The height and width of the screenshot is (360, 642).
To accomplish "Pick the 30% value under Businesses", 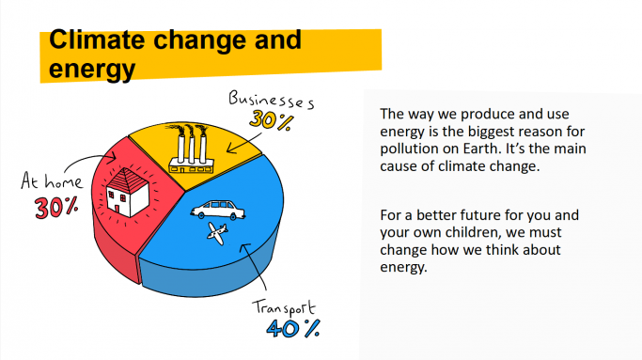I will point(270,119).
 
